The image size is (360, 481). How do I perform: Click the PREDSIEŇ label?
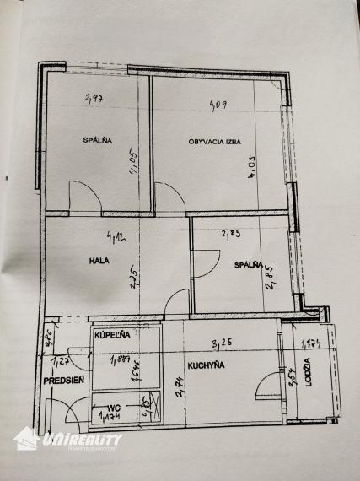click(x=62, y=381)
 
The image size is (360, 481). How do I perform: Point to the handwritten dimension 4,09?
click(x=217, y=105)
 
